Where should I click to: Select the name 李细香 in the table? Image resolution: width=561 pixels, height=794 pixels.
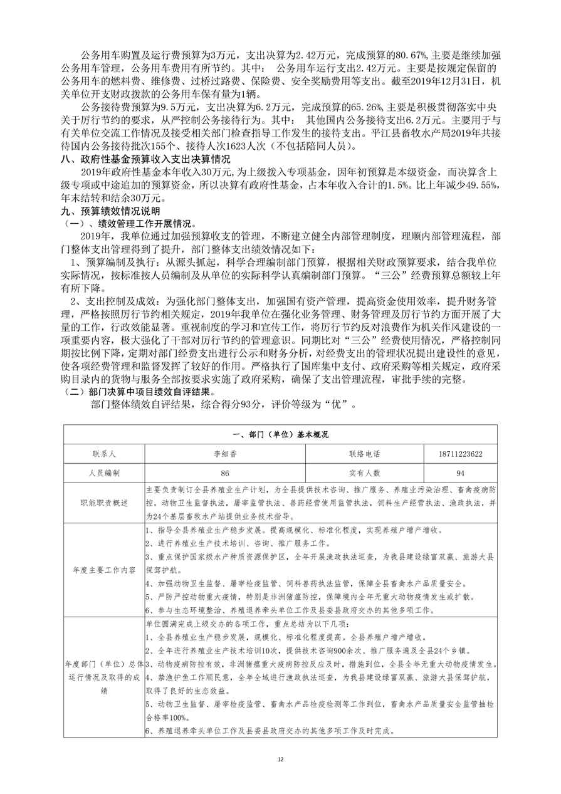224,454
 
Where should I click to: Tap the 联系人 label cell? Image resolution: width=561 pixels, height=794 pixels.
104,454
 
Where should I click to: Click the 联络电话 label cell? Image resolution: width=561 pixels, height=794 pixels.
365,454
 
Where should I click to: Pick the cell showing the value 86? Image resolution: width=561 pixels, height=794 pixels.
224,473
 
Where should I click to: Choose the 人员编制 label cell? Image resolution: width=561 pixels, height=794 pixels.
104,473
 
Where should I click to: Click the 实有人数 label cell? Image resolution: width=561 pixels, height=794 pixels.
365,473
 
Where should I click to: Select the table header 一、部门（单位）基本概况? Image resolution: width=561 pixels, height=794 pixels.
280,434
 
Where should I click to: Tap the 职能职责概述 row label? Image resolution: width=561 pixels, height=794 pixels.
104,503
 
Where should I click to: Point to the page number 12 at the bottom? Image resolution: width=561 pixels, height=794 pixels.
280,759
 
